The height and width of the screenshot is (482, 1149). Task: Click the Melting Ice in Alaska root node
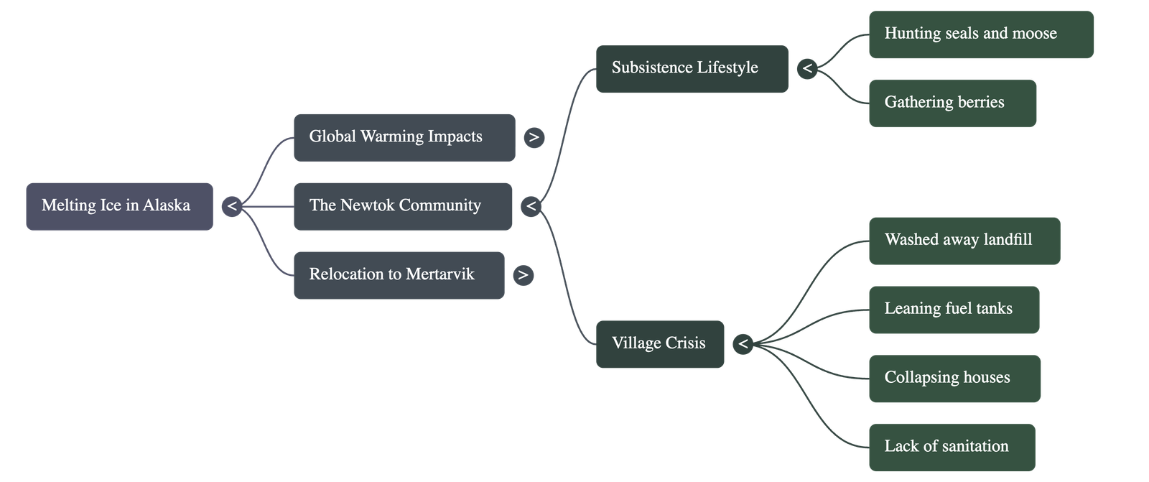[x=119, y=206]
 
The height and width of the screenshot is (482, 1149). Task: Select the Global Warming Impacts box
[x=404, y=137]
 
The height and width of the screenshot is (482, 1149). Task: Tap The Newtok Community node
[x=402, y=206]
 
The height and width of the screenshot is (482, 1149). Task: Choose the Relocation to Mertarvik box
[x=399, y=274]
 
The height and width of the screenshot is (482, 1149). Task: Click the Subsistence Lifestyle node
[x=691, y=68]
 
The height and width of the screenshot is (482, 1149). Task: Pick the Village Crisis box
[x=659, y=344]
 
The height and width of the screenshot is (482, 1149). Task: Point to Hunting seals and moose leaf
[x=980, y=34]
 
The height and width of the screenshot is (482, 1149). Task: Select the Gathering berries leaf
[x=952, y=103]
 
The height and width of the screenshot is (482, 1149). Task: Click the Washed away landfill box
[x=964, y=241]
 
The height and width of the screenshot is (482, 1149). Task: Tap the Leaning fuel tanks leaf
[x=954, y=310]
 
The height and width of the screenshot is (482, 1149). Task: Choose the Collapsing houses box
[x=954, y=379]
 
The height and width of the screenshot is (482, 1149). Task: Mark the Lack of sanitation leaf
[x=952, y=447]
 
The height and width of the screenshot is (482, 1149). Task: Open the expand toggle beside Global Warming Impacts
[x=534, y=137]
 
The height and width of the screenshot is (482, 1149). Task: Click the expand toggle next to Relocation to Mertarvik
[x=524, y=274]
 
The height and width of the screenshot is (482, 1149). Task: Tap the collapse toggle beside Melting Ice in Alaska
[x=231, y=207]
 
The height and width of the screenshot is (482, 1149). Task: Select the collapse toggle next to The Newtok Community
[x=531, y=207]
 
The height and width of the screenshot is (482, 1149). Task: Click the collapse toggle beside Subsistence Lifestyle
[x=807, y=69]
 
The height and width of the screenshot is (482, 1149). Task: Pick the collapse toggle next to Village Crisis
[x=743, y=344]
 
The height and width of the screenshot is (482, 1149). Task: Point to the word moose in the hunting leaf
[x=1034, y=34]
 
